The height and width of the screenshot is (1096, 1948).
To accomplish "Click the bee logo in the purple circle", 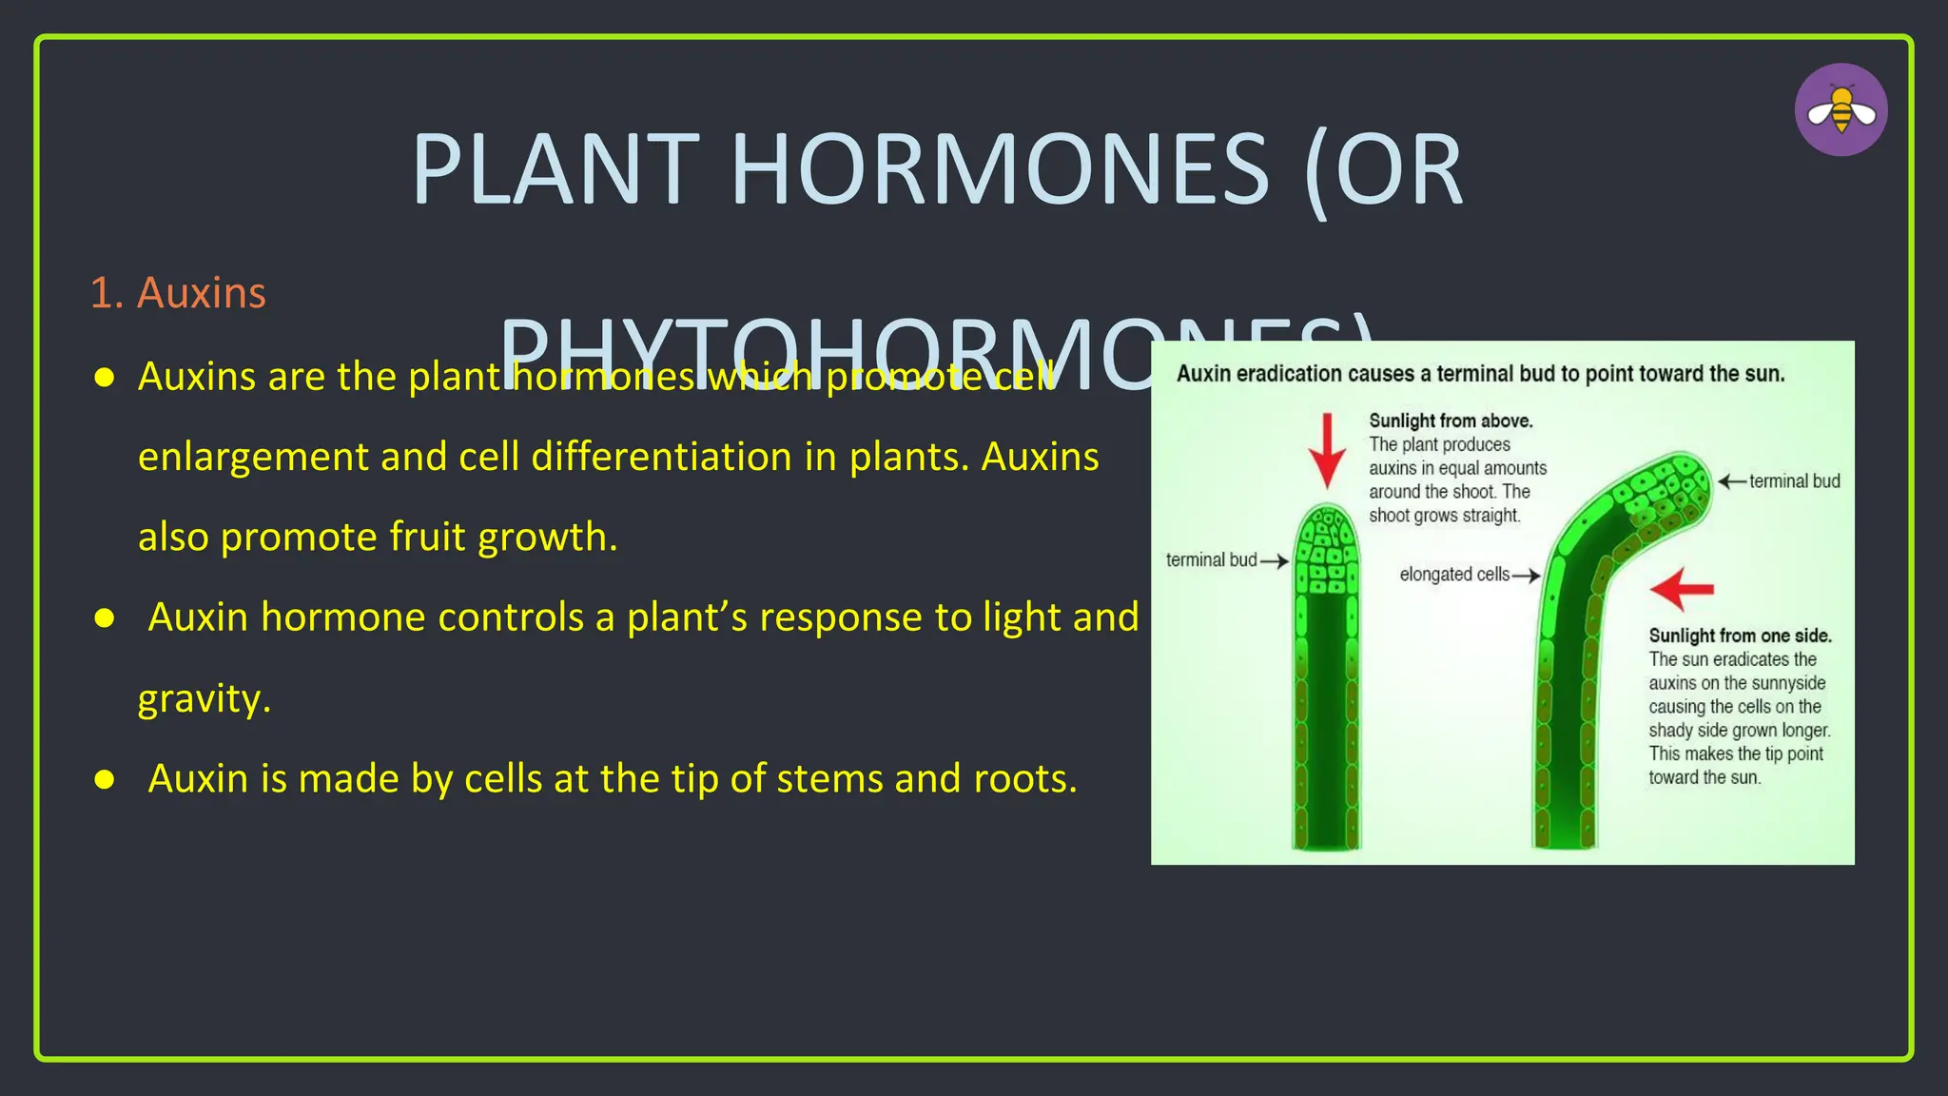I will pyautogui.click(x=1841, y=110).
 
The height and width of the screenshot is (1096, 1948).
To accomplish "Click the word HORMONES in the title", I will pyautogui.click(x=999, y=170).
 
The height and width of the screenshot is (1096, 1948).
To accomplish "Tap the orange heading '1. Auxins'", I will pyautogui.click(x=178, y=293).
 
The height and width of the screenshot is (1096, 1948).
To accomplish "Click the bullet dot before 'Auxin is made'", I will pyautogui.click(x=105, y=780).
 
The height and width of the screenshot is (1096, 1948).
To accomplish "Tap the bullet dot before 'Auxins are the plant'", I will pyautogui.click(x=105, y=378).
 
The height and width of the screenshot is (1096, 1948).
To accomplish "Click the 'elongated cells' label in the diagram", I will pyautogui.click(x=1454, y=575).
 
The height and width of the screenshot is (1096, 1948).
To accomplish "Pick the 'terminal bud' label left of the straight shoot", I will pyautogui.click(x=1211, y=560).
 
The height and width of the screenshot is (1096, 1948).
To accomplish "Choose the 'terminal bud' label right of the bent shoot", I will pyautogui.click(x=1794, y=481).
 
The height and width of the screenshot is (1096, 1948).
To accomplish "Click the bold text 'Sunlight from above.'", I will pyautogui.click(x=1451, y=421).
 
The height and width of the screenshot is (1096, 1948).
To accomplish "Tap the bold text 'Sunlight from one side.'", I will pyautogui.click(x=1740, y=636).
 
